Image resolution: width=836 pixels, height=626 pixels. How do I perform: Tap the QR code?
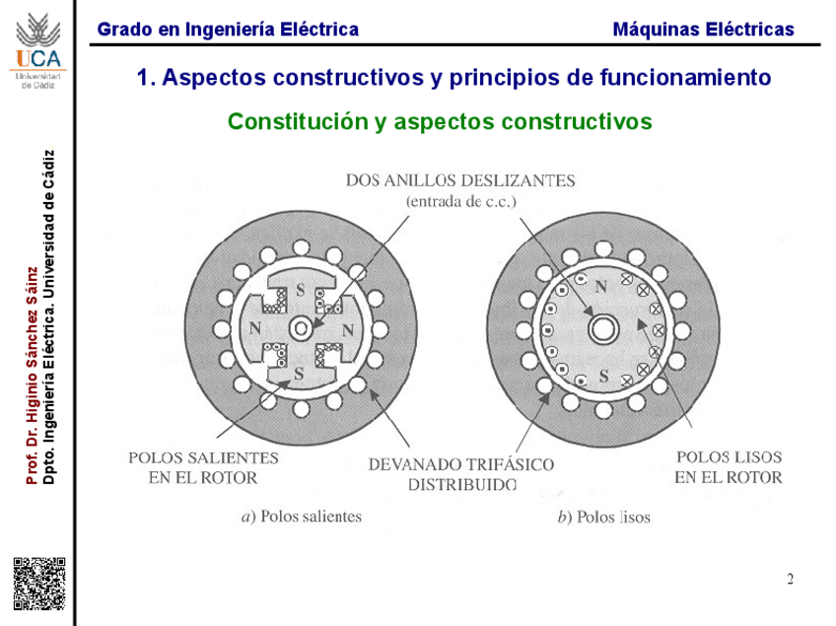pyautogui.click(x=38, y=583)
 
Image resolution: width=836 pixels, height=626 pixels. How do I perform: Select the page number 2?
pyautogui.click(x=790, y=579)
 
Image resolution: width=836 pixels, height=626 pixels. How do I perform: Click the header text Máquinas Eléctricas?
pyautogui.click(x=703, y=30)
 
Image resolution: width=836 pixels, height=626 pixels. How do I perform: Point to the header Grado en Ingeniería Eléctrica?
pyautogui.click(x=228, y=30)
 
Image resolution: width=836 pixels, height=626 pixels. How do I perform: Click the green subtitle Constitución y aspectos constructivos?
pyautogui.click(x=440, y=121)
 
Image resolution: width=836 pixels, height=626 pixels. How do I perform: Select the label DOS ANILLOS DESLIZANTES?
pyautogui.click(x=459, y=180)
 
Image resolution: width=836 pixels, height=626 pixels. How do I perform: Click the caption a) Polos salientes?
pyautogui.click(x=302, y=516)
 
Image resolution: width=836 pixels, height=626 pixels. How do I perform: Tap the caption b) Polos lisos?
pyautogui.click(x=603, y=516)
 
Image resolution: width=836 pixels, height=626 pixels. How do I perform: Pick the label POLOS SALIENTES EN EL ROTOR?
pyautogui.click(x=203, y=467)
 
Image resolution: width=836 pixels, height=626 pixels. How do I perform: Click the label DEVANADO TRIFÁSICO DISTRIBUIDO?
pyautogui.click(x=460, y=473)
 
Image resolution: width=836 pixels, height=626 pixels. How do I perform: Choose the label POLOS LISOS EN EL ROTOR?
pyautogui.click(x=729, y=467)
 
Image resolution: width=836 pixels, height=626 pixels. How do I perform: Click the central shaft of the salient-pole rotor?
pyautogui.click(x=299, y=328)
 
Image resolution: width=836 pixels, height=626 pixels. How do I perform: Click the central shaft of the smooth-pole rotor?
pyautogui.click(x=602, y=328)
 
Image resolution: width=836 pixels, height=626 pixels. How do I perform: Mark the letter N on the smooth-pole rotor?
pyautogui.click(x=599, y=285)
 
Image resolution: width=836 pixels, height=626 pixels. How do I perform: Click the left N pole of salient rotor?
pyautogui.click(x=254, y=328)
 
